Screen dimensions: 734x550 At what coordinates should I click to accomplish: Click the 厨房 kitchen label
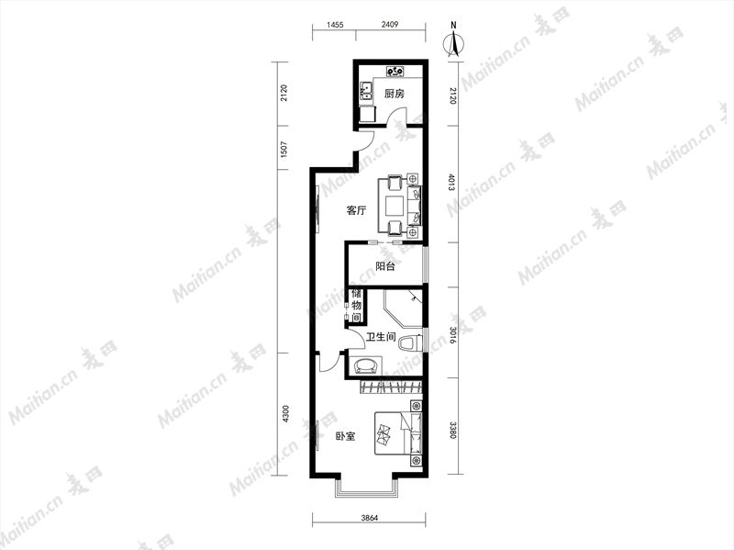[x=394, y=94]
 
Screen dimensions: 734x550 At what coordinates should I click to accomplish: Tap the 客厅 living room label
[x=356, y=210]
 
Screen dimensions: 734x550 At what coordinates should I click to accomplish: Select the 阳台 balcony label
[x=385, y=266]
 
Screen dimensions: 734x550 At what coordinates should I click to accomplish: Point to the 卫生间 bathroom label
[x=381, y=337]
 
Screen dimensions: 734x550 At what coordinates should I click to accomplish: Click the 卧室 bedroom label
[x=345, y=436]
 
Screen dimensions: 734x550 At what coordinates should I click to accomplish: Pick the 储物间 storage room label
[x=356, y=306]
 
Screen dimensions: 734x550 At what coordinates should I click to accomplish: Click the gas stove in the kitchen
[x=395, y=72]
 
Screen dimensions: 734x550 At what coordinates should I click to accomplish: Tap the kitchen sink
[x=366, y=91]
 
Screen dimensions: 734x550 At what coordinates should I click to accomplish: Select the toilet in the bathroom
[x=407, y=342]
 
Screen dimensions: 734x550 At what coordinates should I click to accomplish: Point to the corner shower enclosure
[x=404, y=309]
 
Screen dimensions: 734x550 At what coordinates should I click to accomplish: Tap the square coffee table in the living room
[x=395, y=205]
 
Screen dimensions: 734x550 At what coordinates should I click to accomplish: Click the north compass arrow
[x=453, y=43]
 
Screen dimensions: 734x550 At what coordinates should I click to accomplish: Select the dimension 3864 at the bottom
[x=369, y=518]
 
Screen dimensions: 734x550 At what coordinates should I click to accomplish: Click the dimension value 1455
[x=335, y=25]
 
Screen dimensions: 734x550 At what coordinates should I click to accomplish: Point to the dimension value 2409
[x=389, y=25]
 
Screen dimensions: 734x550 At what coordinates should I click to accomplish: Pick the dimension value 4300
[x=286, y=414]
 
